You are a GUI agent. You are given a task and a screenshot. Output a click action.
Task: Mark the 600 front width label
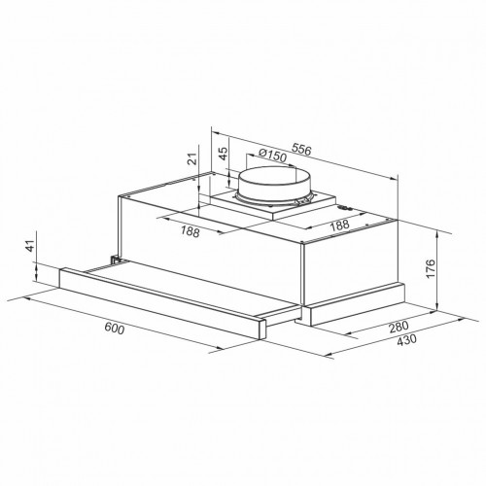coord(114,330)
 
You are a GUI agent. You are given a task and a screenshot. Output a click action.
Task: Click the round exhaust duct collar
coord(270,188)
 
